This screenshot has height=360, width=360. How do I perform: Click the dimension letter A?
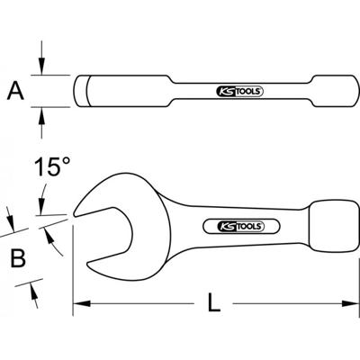point(16,90)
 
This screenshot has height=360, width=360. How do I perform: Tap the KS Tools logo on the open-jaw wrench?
point(238,224)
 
